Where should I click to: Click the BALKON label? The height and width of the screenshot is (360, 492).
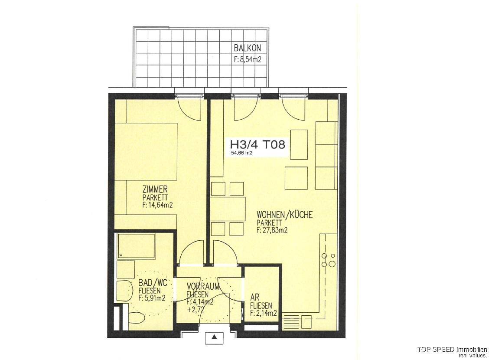coord(247,48)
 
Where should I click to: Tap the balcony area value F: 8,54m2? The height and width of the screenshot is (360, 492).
coord(247,59)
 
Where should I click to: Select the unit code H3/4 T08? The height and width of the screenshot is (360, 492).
coord(257,144)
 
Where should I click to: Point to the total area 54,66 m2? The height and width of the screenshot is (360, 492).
coord(241,153)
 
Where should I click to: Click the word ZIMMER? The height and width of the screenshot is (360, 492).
coord(155,189)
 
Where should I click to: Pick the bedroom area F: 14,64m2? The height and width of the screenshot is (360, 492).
coord(158,205)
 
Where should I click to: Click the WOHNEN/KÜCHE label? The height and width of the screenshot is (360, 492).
coord(285,215)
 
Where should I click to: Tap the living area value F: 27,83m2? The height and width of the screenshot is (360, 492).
coord(272,230)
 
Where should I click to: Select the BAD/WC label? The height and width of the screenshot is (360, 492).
coord(151,283)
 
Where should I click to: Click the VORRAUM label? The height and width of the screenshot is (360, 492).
coord(203,286)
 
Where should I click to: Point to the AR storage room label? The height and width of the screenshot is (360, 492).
coord(254,297)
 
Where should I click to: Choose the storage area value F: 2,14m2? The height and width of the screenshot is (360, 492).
coord(263,313)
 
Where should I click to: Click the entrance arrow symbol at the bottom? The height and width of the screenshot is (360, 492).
coord(214,337)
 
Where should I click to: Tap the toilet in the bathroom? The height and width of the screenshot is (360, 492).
coord(136,318)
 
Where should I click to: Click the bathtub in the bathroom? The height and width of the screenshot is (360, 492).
coord(137,246)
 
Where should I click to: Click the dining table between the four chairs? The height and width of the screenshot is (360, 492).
coord(228,209)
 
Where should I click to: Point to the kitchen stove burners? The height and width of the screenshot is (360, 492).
coord(328,259)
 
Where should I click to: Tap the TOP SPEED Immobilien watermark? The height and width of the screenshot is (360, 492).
coord(453,349)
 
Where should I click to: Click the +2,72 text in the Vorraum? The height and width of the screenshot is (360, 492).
coord(195,310)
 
